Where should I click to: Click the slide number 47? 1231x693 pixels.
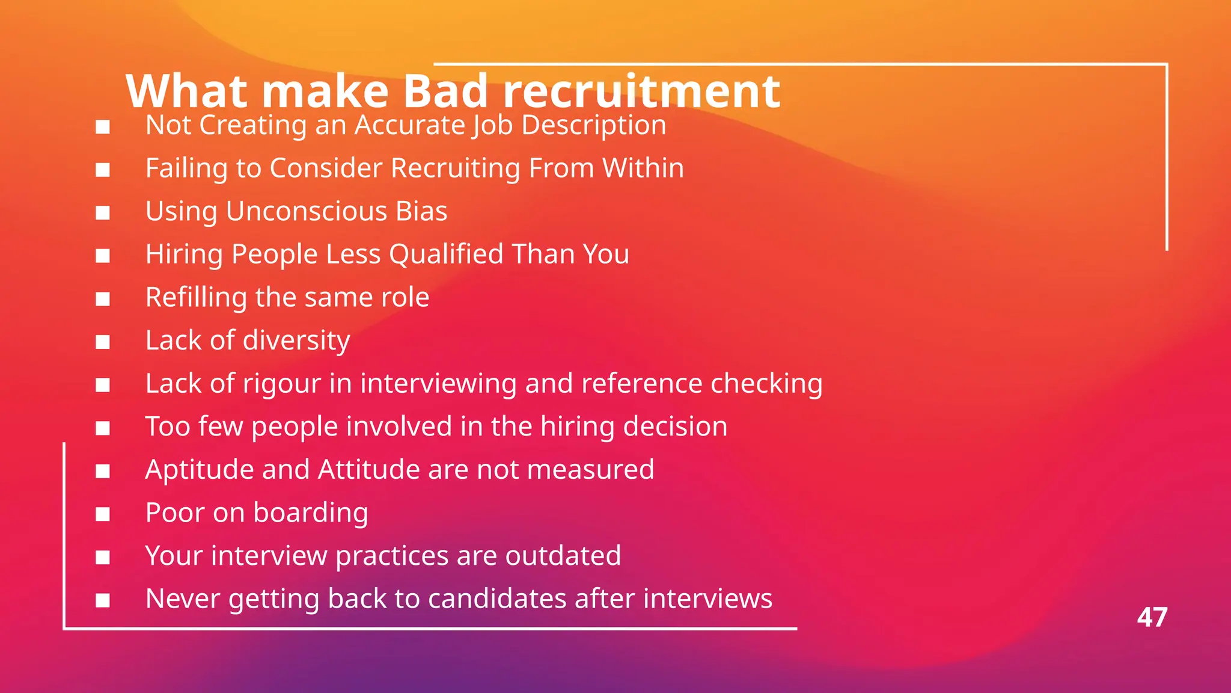tap(1152, 617)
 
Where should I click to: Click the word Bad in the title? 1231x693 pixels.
tap(445, 91)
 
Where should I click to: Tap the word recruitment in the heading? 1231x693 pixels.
tap(641, 91)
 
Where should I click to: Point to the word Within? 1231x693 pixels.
tap(643, 168)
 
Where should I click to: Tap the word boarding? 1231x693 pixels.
tap(310, 513)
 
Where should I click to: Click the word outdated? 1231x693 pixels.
tap(563, 556)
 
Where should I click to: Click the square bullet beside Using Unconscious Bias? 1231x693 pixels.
tap(103, 213)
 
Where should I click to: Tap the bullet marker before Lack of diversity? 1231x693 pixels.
tap(103, 342)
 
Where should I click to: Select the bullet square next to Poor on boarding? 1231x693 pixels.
tap(103, 514)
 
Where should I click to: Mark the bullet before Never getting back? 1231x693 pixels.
tap(103, 600)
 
